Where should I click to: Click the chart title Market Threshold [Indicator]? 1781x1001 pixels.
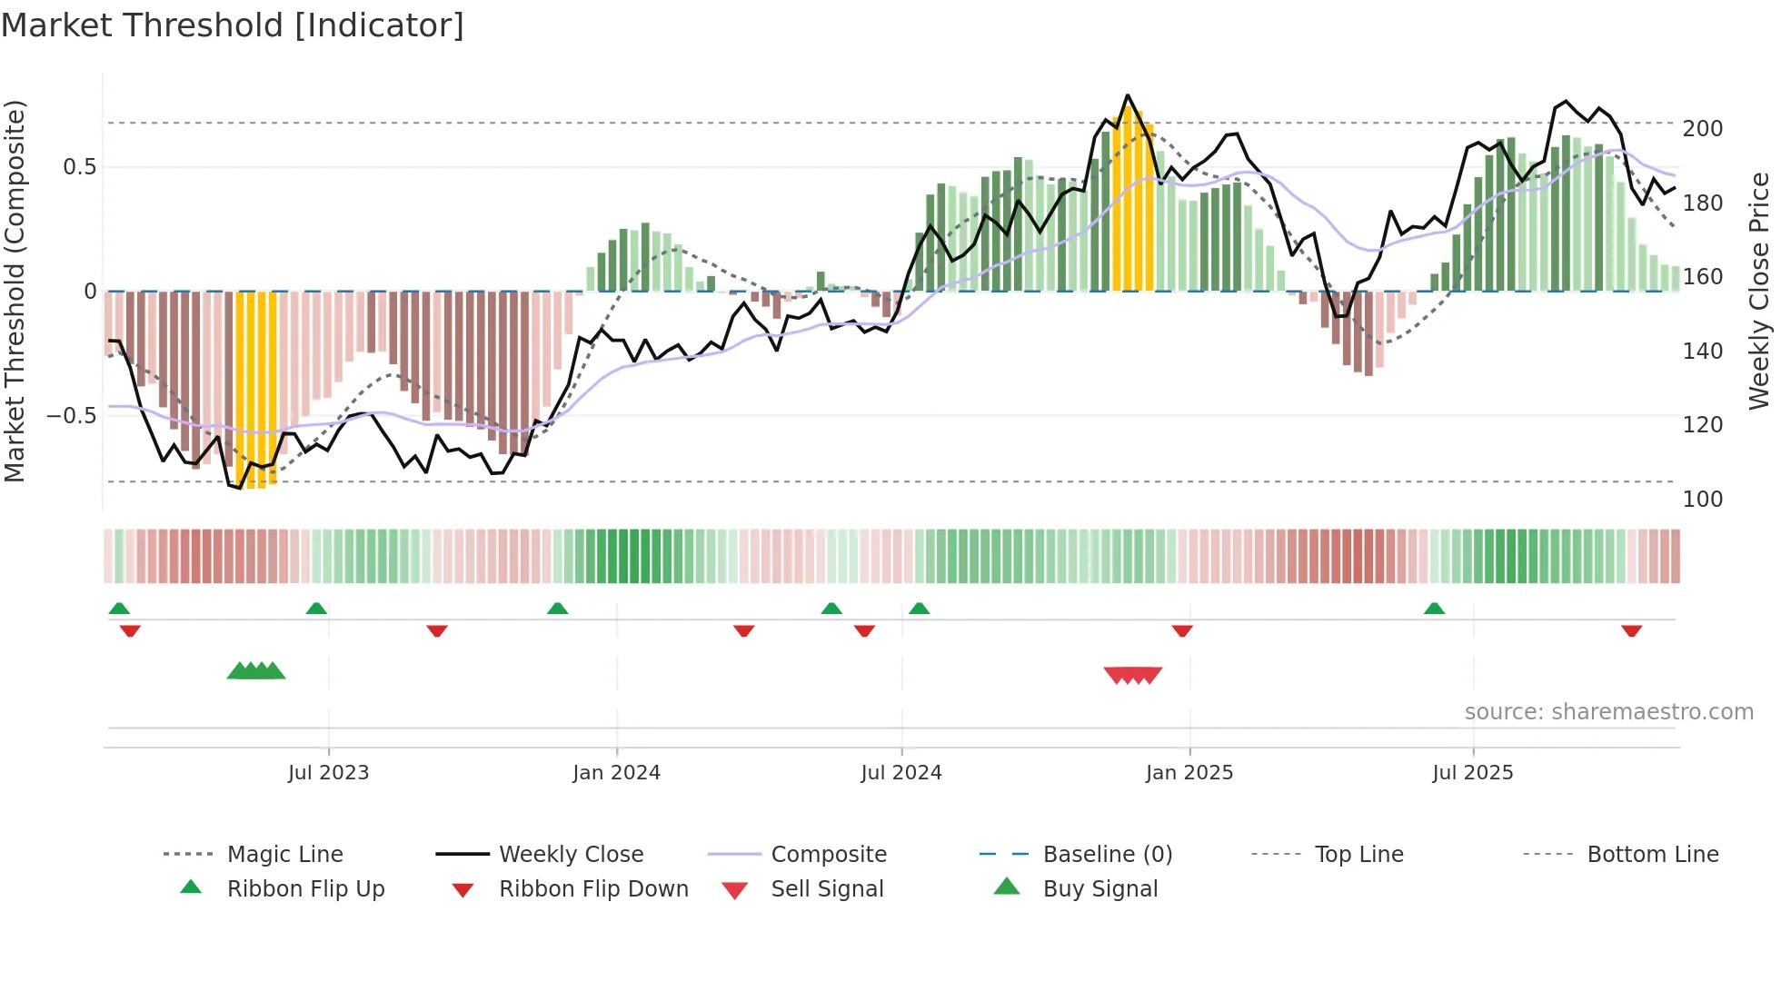click(233, 25)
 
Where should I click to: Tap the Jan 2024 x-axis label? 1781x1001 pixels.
click(616, 773)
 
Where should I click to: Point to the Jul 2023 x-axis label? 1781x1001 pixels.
click(328, 773)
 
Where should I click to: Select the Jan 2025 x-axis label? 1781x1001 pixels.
click(1189, 773)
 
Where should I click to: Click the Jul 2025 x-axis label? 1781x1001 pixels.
click(1472, 773)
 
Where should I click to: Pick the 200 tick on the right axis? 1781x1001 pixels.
click(1702, 129)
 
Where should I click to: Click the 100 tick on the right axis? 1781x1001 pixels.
click(1702, 500)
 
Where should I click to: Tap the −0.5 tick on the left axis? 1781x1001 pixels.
click(71, 416)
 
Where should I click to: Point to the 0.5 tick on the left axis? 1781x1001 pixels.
click(79, 167)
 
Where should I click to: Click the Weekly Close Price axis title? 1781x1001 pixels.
click(1759, 291)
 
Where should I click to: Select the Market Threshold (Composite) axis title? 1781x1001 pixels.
click(15, 291)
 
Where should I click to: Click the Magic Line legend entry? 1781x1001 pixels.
click(284, 855)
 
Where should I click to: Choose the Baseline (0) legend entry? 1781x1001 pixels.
click(1107, 855)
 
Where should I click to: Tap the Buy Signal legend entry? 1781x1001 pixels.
click(1099, 889)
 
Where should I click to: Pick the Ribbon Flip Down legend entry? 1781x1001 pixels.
click(592, 889)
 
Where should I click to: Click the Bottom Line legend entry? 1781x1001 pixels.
click(1652, 855)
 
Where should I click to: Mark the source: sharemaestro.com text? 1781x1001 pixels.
click(1608, 712)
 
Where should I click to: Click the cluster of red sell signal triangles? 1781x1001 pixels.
click(1132, 675)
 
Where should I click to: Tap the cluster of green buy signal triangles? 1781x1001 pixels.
click(256, 671)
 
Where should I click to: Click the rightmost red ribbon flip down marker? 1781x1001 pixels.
click(1631, 630)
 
